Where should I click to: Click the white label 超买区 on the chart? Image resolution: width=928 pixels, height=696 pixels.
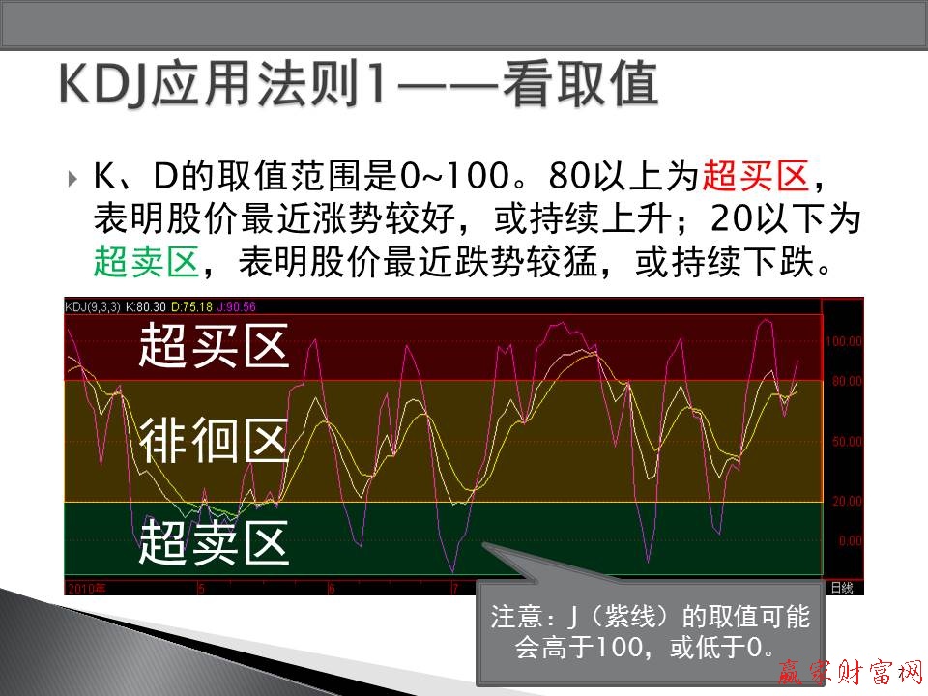pos(214,345)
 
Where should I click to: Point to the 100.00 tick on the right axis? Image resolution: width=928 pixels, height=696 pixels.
pos(844,341)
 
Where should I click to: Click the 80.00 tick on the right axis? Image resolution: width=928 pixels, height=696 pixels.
pos(846,381)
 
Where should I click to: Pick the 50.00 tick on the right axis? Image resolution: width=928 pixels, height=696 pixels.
pos(846,442)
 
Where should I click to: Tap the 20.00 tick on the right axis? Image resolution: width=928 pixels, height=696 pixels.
pos(846,501)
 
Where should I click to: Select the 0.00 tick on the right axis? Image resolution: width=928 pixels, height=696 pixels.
pos(850,541)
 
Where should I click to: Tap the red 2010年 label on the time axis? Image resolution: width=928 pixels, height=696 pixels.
pos(86,588)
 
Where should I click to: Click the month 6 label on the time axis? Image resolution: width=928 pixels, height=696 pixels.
pos(332,588)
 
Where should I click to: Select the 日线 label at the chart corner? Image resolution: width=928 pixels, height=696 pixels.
pos(842,588)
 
